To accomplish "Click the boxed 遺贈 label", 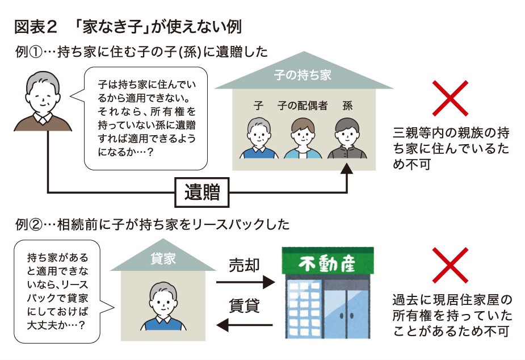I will pyautogui.click(x=202, y=193).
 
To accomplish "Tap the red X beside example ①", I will pyautogui.click(x=450, y=99).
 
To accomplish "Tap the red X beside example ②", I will pyautogui.click(x=450, y=266).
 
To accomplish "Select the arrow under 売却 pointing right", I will pyautogui.click(x=245, y=282).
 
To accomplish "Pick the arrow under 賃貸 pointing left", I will pyautogui.click(x=245, y=324).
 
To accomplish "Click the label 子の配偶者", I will pyautogui.click(x=303, y=105).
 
